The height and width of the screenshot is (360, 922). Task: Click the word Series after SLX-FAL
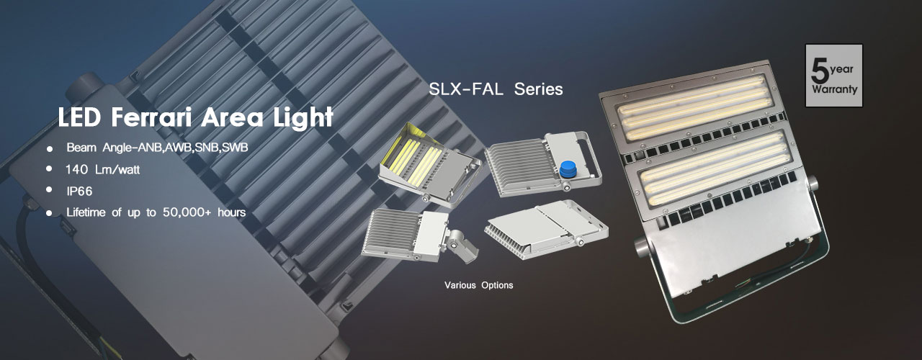tap(538, 89)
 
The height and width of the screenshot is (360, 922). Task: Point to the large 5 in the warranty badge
tap(820, 71)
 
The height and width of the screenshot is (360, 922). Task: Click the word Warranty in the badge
tap(834, 90)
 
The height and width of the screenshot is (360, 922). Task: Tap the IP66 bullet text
tap(79, 192)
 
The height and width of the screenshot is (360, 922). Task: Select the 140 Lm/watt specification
tap(102, 169)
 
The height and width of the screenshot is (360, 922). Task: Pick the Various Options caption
tap(479, 285)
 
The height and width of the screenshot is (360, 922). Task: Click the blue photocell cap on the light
tap(568, 169)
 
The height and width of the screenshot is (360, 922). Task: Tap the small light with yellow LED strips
tap(430, 165)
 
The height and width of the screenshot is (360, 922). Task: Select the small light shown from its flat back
tap(547, 229)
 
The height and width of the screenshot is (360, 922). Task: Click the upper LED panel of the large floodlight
tap(694, 106)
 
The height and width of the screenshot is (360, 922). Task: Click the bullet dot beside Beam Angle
tap(50, 149)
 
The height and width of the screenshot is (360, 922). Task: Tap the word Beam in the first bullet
tap(81, 148)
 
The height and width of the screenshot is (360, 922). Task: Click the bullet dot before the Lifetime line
tap(50, 213)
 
